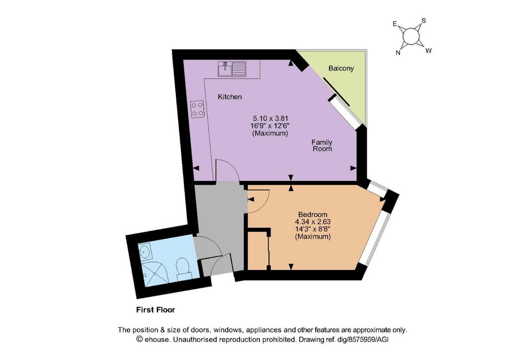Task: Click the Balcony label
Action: click(341, 68)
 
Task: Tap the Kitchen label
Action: click(230, 97)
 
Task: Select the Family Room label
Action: click(322, 145)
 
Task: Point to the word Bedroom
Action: click(313, 215)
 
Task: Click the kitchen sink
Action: click(232, 69)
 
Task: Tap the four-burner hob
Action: click(197, 109)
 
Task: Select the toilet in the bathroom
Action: click(183, 269)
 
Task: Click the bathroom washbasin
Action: click(145, 251)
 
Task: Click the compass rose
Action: click(411, 36)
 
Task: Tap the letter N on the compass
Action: click(398, 53)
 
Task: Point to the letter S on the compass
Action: click(424, 21)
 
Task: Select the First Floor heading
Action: click(156, 310)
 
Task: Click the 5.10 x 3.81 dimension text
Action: click(270, 118)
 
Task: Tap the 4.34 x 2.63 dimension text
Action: click(313, 222)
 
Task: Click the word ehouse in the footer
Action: click(157, 340)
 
